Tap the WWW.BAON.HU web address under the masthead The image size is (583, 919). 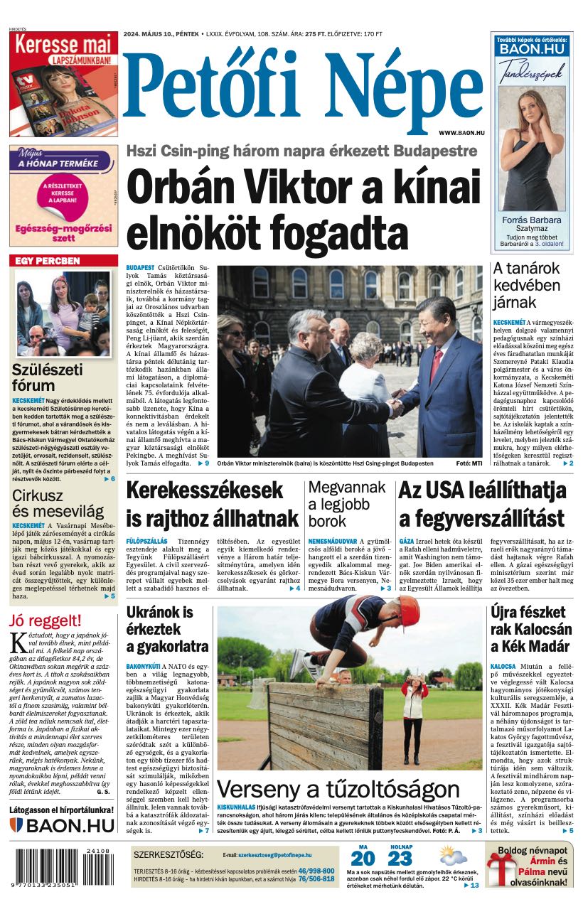click(x=461, y=133)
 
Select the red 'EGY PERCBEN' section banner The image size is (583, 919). click(x=63, y=261)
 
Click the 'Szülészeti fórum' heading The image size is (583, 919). click(x=47, y=377)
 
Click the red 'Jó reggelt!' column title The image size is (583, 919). click(x=45, y=620)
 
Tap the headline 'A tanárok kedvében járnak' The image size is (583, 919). click(x=526, y=285)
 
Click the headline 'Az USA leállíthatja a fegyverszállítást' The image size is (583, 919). click(x=482, y=504)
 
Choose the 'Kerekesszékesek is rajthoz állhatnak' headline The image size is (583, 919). click(x=212, y=504)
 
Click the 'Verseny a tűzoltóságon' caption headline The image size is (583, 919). click(x=338, y=789)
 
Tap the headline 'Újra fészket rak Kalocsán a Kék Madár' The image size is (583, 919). click(x=530, y=629)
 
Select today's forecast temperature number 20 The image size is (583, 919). click(x=362, y=859)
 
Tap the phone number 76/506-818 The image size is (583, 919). click(x=316, y=879)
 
